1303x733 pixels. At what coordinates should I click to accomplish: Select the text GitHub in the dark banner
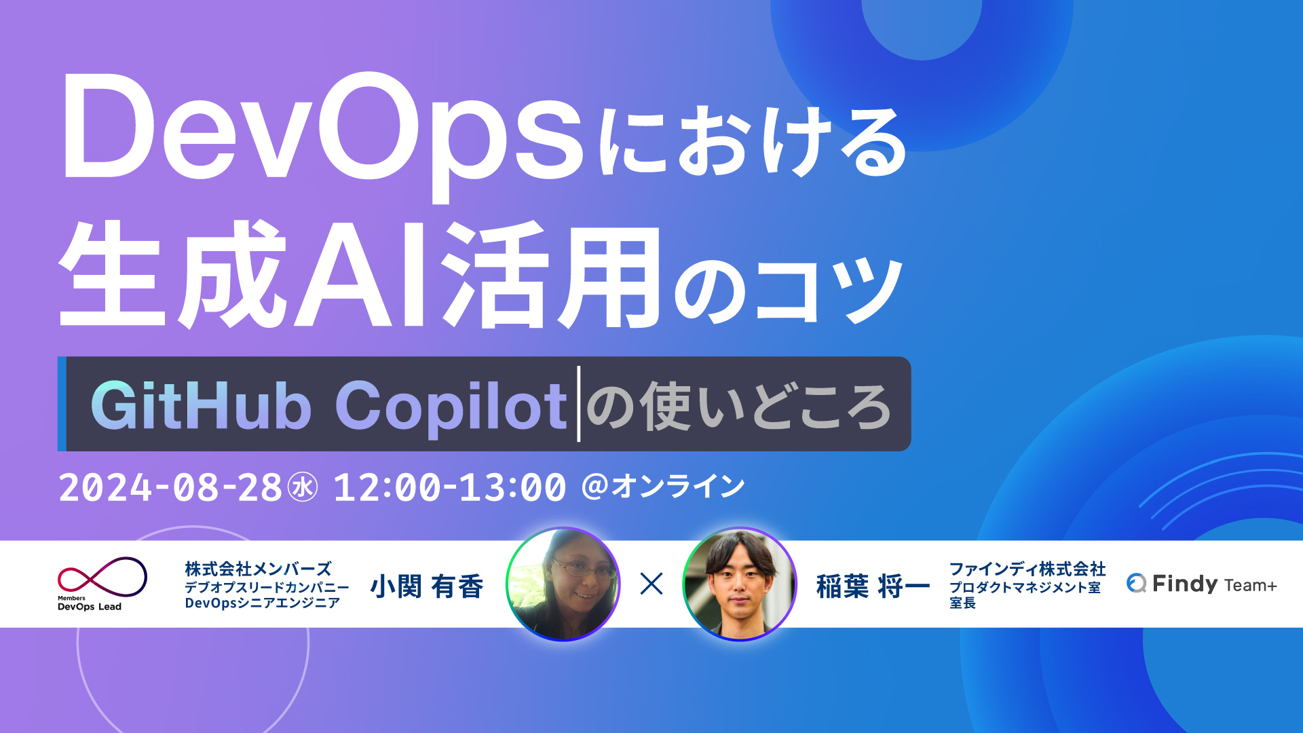[x=201, y=405]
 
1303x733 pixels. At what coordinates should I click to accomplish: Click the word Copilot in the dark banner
[x=451, y=407]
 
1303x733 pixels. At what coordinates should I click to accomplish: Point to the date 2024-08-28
[x=170, y=487]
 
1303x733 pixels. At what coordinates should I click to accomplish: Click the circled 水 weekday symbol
[x=303, y=487]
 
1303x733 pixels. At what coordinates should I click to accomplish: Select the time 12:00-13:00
[x=449, y=487]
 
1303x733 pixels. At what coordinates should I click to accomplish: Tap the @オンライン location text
[x=663, y=486]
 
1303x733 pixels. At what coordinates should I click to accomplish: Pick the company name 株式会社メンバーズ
[x=258, y=569]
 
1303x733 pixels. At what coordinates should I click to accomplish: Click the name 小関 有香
[x=426, y=586]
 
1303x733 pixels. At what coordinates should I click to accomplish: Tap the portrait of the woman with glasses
[x=563, y=584]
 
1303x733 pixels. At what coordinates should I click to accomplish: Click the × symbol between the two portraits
[x=651, y=584]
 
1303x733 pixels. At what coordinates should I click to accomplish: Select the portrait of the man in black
[x=739, y=584]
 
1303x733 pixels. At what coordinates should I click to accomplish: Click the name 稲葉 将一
[x=873, y=586]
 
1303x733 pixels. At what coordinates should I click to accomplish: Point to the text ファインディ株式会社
[x=1027, y=569]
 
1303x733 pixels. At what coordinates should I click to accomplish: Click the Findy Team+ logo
[x=1201, y=584]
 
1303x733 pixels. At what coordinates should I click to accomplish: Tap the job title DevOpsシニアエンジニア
[x=262, y=603]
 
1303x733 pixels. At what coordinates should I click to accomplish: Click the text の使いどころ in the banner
[x=738, y=407]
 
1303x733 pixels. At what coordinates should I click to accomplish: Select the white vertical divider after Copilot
[x=579, y=404]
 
